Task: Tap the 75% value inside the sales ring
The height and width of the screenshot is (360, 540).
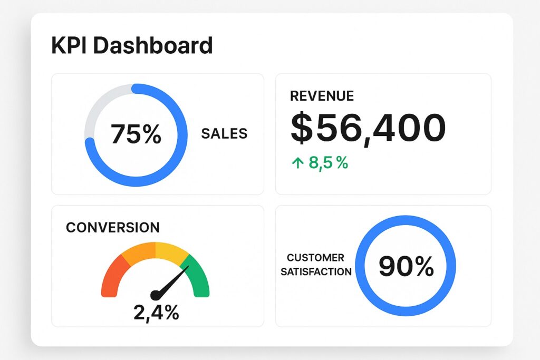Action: (136, 134)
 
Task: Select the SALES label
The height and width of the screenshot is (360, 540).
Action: (224, 134)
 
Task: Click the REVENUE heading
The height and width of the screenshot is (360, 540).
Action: (322, 96)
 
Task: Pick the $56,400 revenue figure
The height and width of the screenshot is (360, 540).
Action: (368, 129)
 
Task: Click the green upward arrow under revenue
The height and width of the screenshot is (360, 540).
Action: (297, 163)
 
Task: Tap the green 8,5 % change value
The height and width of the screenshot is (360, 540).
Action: (328, 163)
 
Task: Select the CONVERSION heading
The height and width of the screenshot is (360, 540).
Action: (112, 228)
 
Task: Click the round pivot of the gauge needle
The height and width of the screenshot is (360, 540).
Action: (156, 296)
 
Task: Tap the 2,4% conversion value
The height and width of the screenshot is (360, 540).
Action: (156, 314)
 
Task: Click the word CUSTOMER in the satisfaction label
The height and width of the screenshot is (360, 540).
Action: (315, 258)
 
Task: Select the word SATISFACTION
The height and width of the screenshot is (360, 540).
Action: (316, 272)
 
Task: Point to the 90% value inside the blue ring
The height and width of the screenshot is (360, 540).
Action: (406, 266)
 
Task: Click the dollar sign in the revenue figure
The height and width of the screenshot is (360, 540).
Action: (302, 129)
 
